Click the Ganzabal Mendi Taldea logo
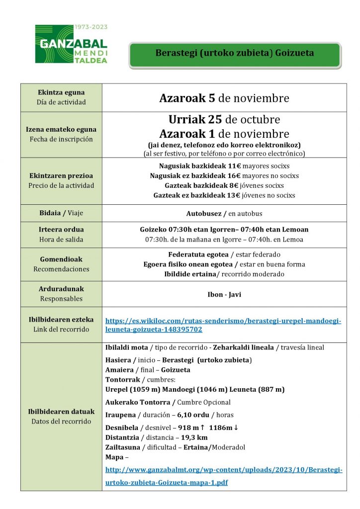tap(71, 44)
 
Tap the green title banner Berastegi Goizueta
tap(235, 53)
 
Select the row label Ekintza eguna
tap(61, 92)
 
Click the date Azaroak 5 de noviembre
tap(224, 98)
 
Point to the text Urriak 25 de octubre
tap(224, 120)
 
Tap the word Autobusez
tap(205, 214)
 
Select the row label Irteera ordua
tap(61, 230)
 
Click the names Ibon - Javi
tap(224, 294)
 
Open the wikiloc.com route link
tap(223, 325)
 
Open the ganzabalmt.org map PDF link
tap(224, 476)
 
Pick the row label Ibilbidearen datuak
tap(61, 412)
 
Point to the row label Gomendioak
tap(61, 259)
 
